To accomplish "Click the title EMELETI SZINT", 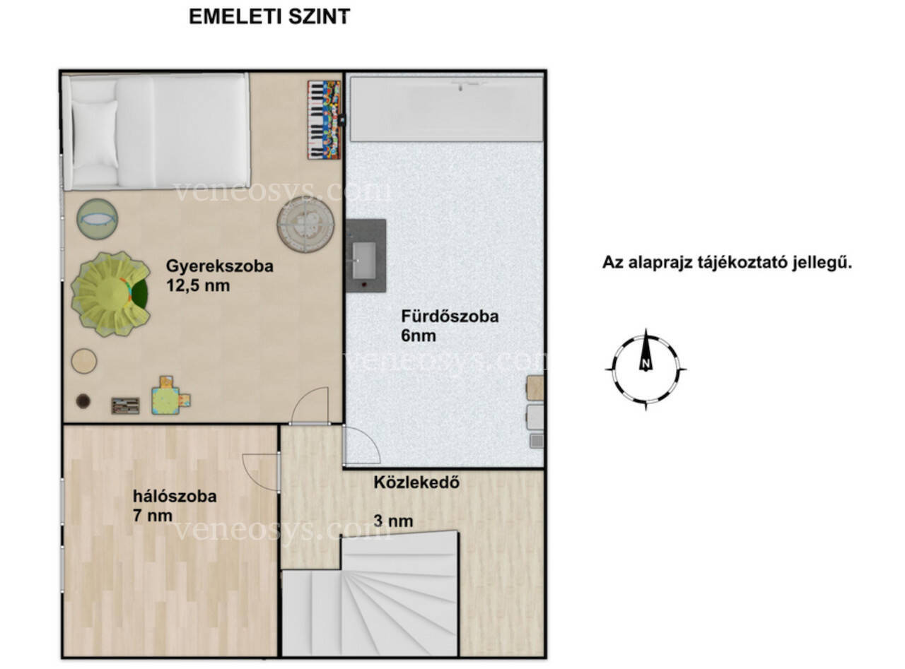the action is tap(269, 17).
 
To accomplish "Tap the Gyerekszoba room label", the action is tap(219, 266).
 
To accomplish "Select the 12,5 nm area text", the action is tap(198, 285).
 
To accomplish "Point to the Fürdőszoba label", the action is tap(450, 316).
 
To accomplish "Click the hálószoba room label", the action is tap(175, 496).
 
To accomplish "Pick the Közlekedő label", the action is tap(416, 482).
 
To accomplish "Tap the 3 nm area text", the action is tap(393, 521).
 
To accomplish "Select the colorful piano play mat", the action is tap(325, 120).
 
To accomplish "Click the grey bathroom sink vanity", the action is tap(366, 256).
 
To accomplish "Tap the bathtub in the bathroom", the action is tap(446, 109).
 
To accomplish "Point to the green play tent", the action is tap(111, 294).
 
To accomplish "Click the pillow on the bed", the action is tap(95, 134).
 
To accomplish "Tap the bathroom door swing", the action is tap(361, 445).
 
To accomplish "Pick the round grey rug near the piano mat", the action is tap(305, 225).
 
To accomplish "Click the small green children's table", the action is tap(165, 401).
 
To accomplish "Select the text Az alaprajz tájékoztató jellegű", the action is tap(727, 262).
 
